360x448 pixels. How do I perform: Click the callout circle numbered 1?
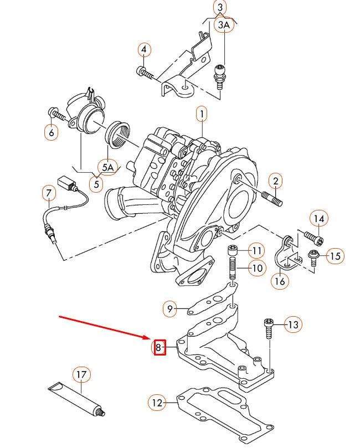pos(202,115)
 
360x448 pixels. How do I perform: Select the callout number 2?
pos(275,181)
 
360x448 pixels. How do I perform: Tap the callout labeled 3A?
pos(223,25)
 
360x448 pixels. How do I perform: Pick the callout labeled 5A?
pos(107,166)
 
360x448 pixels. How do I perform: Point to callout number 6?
pos(52,133)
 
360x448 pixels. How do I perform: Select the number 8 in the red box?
pos(159,347)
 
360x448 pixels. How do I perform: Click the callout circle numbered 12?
pos(158,402)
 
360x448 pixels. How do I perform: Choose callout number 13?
pos(293,324)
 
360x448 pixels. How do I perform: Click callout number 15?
pos(335,256)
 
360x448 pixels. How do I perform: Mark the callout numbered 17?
pos(81,375)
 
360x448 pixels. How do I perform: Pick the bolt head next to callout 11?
pos(233,250)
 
